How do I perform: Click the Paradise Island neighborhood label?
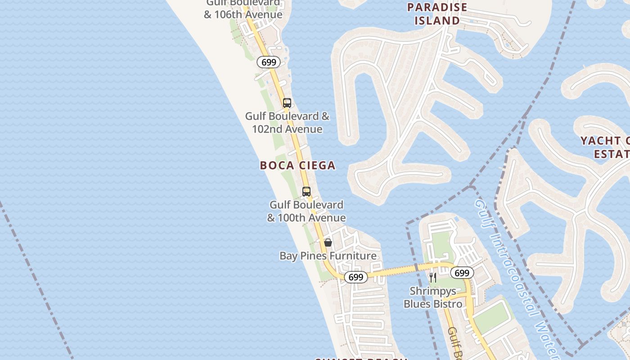(437, 14)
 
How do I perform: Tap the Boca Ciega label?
(297, 166)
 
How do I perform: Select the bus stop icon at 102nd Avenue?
(287, 103)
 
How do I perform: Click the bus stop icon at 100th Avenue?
(306, 192)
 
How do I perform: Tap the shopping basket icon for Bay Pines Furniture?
(328, 243)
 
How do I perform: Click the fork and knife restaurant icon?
(432, 277)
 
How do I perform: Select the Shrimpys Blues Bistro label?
(432, 298)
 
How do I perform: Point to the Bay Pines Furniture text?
(328, 256)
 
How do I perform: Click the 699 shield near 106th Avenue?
(269, 62)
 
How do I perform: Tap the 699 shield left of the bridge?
(355, 277)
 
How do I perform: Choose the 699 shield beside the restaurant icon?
(462, 273)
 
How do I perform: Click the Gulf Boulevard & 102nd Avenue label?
(287, 123)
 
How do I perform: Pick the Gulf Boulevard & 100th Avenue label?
(306, 211)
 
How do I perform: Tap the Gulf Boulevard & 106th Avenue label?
(243, 10)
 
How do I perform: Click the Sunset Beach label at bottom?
(360, 359)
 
